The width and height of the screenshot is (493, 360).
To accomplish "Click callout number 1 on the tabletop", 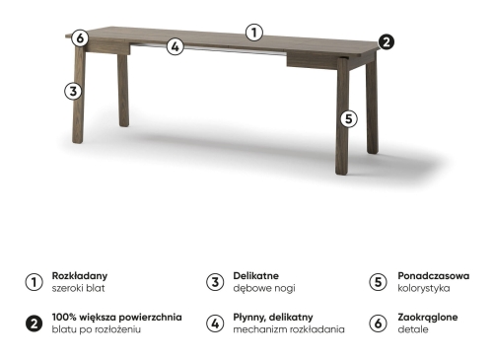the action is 254,33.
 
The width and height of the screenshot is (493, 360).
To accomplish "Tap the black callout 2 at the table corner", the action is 386,41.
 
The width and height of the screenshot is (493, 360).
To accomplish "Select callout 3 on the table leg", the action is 73,91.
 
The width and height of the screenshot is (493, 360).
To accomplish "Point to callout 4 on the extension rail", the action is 176,46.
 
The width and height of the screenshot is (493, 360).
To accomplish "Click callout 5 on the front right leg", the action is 349,118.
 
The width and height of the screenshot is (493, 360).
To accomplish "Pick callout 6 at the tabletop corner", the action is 80,38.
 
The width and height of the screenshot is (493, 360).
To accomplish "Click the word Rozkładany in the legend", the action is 80,276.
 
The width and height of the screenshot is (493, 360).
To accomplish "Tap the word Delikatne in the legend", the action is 255,275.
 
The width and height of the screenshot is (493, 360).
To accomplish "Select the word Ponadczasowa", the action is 434,275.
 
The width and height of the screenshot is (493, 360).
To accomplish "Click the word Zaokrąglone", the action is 428,318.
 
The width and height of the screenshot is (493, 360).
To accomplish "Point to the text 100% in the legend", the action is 64,317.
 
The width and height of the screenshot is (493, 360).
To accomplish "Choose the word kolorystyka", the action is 424,288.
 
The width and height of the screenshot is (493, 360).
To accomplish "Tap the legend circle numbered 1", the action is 34,282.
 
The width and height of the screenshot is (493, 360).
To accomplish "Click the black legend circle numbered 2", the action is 34,324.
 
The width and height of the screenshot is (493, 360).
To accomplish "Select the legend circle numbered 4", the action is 215,324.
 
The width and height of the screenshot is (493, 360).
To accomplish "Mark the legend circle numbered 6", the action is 378,324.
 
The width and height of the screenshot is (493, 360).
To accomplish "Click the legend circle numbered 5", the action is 378,282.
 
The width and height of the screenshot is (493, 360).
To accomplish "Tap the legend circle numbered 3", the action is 215,282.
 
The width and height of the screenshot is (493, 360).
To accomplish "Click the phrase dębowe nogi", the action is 264,288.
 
